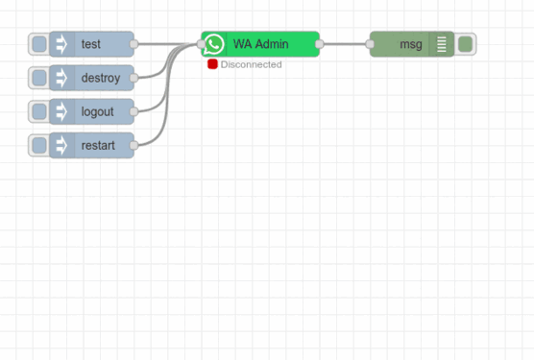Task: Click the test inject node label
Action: click(91, 44)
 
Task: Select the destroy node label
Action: click(100, 78)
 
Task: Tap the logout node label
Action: click(97, 111)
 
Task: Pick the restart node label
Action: click(98, 145)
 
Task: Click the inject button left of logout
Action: click(38, 111)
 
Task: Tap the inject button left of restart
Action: click(38, 145)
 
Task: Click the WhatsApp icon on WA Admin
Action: click(214, 44)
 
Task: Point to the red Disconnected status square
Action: click(212, 64)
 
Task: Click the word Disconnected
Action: click(251, 64)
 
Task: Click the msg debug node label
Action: click(410, 44)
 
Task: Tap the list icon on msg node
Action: click(441, 44)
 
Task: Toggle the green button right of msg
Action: click(465, 44)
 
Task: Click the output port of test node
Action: click(134, 44)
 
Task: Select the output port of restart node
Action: click(134, 145)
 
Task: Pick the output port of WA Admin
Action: click(320, 44)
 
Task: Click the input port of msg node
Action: click(370, 44)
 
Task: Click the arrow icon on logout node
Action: click(61, 111)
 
